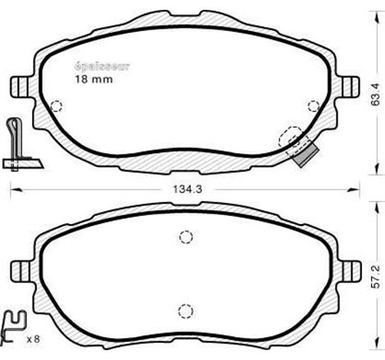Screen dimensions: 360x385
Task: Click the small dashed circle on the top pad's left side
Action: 57,106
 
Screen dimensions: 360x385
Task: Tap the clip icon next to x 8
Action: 14,328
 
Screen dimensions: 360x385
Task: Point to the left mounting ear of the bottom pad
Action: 20,269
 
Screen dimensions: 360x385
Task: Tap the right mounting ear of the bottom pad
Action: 350,269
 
